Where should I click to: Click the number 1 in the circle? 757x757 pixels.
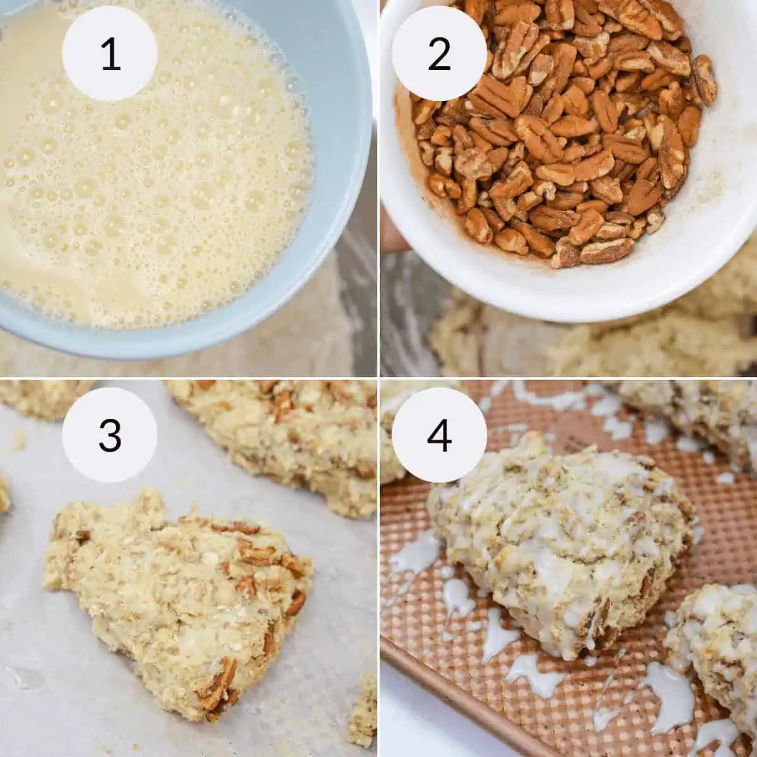point(110,54)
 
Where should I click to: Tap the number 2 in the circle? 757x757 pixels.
point(439,54)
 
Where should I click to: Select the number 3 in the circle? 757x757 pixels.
point(110,435)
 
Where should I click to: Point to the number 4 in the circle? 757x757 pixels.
point(439,435)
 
